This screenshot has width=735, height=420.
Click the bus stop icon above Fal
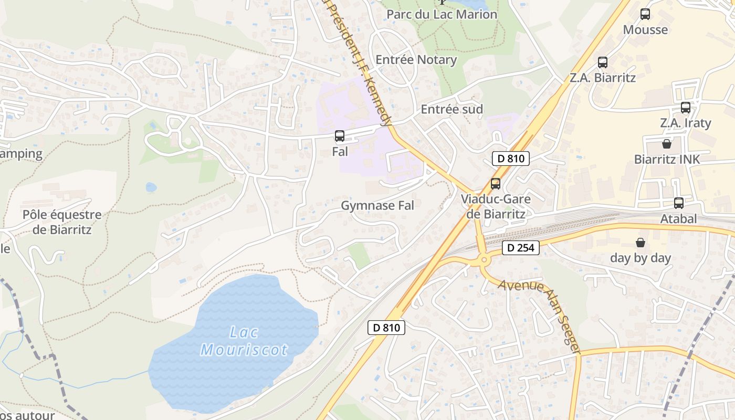[340, 136]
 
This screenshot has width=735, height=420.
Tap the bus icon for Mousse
[645, 14]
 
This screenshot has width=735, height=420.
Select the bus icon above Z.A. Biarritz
[603, 62]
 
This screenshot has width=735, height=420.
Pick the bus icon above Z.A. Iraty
[686, 108]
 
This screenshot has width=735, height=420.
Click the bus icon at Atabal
[679, 203]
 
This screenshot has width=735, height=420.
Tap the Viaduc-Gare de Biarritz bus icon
[495, 184]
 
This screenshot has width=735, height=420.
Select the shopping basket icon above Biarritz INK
[667, 143]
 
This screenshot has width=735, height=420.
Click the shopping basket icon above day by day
[640, 242]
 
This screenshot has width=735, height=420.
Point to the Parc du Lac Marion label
[442, 14]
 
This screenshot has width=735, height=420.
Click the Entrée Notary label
[416, 60]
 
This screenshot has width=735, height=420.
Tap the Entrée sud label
[451, 109]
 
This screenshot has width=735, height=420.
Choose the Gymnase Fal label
[377, 205]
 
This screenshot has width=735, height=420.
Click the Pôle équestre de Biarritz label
[62, 222]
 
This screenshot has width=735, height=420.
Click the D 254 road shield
[521, 248]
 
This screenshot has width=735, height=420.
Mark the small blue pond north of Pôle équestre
[151, 187]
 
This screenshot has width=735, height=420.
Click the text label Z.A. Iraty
[686, 123]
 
